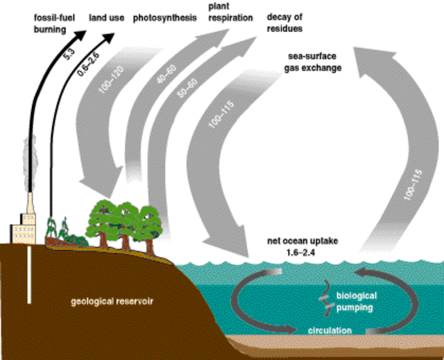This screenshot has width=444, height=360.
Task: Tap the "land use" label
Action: [107, 17]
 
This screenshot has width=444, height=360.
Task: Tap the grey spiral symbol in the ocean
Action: [323, 296]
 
